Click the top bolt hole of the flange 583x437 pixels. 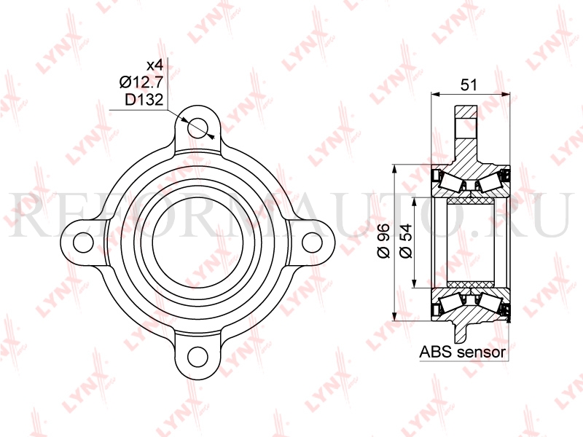pyautogui.click(x=197, y=128)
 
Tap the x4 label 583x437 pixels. pyautogui.click(x=154, y=64)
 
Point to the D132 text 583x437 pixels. pyautogui.click(x=143, y=99)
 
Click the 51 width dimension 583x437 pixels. pyautogui.click(x=469, y=84)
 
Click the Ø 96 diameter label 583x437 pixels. pyautogui.click(x=384, y=241)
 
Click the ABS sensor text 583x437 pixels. pyautogui.click(x=463, y=353)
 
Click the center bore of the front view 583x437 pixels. pyautogui.click(x=197, y=241)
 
